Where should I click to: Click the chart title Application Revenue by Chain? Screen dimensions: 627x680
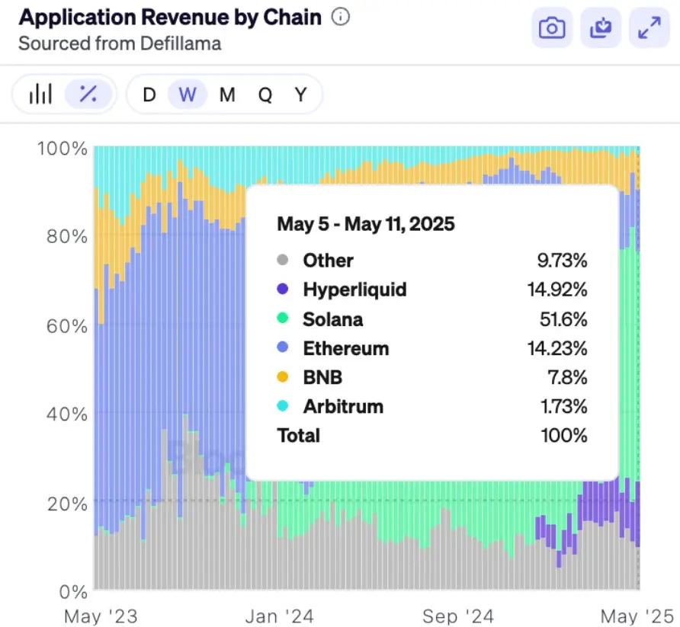(170, 18)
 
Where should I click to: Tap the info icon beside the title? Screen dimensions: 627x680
(342, 17)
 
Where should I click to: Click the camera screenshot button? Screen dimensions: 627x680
(552, 28)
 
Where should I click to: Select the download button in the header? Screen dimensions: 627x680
(601, 28)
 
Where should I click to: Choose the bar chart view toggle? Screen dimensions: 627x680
(40, 94)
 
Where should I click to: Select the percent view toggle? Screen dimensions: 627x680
(88, 94)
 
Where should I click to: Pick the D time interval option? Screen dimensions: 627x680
(149, 94)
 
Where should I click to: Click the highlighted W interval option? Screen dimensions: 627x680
(188, 94)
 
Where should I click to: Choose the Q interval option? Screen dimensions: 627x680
(265, 94)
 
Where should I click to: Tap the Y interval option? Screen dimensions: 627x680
(301, 94)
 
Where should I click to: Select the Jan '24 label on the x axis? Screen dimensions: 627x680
(280, 615)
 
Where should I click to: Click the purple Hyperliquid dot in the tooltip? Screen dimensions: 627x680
(283, 290)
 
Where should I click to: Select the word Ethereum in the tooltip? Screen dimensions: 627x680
(345, 348)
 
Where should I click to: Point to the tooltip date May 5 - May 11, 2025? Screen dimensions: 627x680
(365, 224)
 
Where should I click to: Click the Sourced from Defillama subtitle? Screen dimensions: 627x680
(120, 43)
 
